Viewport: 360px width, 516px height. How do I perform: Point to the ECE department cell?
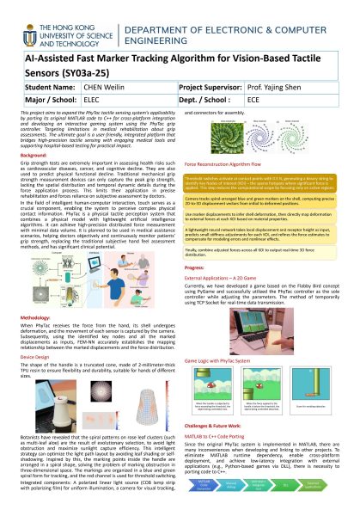point(257,100)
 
